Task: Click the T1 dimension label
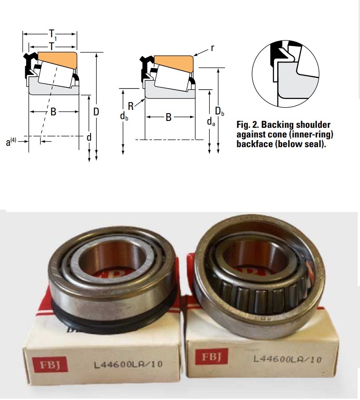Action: tap(52, 34)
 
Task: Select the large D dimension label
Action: tap(96, 112)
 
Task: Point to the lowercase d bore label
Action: tap(89, 137)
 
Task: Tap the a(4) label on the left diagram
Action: tap(11, 142)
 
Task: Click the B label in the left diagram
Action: tap(53, 111)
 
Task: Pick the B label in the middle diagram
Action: tap(168, 117)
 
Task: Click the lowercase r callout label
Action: tap(212, 48)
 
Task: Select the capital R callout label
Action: tap(131, 106)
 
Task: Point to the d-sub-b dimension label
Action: tap(124, 116)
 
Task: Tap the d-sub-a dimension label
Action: tap(211, 122)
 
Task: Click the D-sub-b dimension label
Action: tap(219, 111)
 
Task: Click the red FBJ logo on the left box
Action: tap(50, 365)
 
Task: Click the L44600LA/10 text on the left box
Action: tap(128, 364)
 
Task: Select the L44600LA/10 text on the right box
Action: tap(287, 360)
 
